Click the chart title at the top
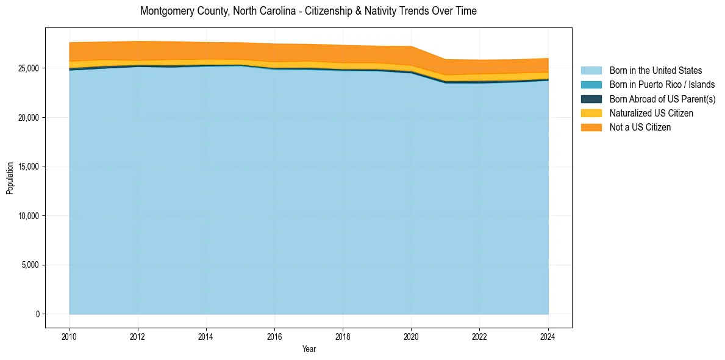click(x=308, y=11)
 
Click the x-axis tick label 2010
click(x=70, y=336)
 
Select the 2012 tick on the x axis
click(x=138, y=336)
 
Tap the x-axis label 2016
click(x=274, y=336)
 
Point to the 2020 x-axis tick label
click(x=412, y=336)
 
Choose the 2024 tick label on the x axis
click(x=548, y=336)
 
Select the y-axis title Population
click(x=10, y=178)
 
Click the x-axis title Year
click(x=309, y=349)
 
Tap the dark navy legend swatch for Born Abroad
click(x=591, y=99)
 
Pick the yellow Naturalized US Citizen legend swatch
click(x=591, y=113)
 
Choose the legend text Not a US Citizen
click(x=640, y=127)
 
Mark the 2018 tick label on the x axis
click(x=343, y=336)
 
